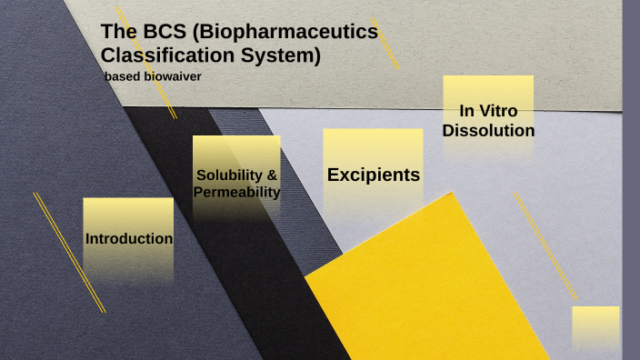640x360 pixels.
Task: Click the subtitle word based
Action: (x=121, y=76)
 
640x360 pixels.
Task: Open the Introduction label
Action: (x=128, y=239)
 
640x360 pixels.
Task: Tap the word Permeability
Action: (x=236, y=192)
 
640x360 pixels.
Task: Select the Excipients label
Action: (x=373, y=175)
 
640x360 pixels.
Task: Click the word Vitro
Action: (x=499, y=111)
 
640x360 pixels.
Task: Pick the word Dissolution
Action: (x=488, y=131)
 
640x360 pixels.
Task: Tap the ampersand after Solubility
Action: (x=271, y=174)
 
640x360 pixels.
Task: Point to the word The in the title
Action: (x=117, y=32)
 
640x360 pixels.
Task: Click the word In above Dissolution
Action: (x=467, y=111)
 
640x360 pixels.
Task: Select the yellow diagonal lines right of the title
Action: (x=385, y=42)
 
